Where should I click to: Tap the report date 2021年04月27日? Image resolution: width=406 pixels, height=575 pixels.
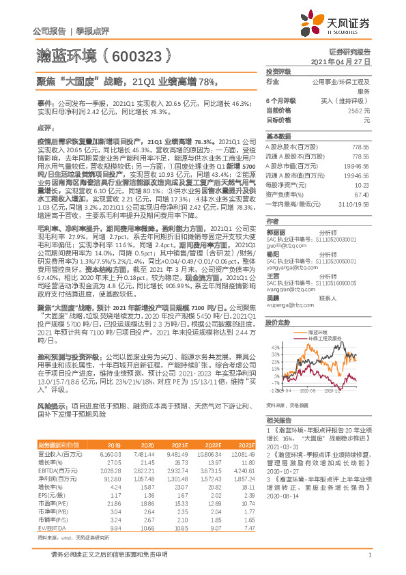(x=345, y=61)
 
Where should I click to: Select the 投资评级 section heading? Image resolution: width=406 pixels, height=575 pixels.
(x=278, y=71)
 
